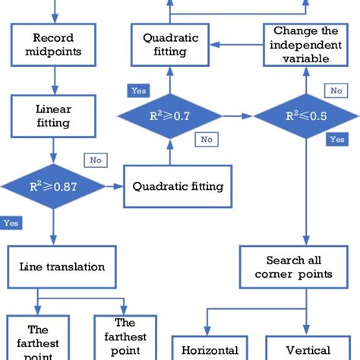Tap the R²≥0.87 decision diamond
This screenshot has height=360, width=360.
point(54,185)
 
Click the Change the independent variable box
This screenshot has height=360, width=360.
point(306,45)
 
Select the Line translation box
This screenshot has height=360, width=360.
point(62,267)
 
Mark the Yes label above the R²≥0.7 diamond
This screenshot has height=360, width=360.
point(139,90)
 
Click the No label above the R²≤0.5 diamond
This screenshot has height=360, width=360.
point(335,90)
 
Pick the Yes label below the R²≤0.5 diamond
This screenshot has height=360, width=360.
point(336,140)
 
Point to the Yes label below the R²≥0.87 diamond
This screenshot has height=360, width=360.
point(11,223)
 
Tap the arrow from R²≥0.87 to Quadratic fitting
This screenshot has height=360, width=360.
point(115,185)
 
